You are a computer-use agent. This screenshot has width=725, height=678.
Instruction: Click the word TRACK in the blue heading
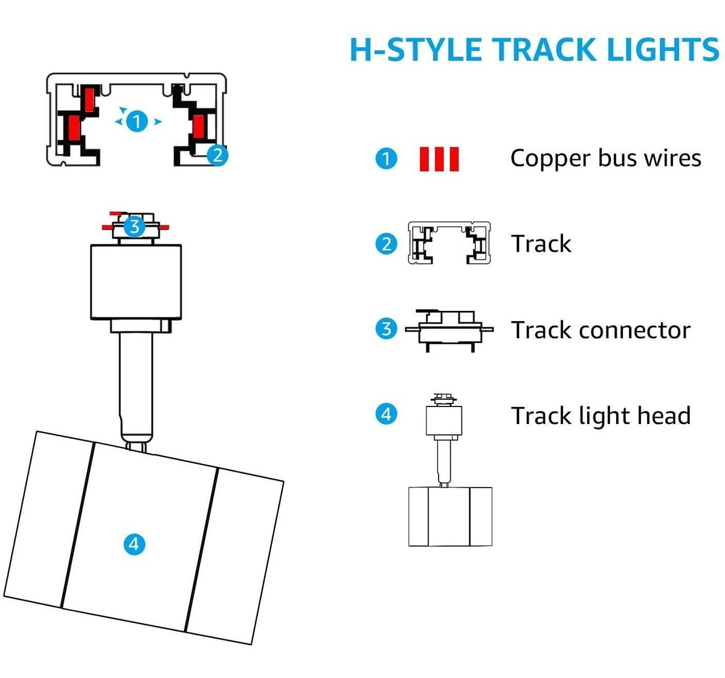point(546,50)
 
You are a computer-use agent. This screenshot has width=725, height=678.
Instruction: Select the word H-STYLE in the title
point(416,50)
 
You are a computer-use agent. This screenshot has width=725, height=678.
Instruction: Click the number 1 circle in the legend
point(386,158)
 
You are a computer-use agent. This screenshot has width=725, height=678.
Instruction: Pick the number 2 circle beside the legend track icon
point(386,244)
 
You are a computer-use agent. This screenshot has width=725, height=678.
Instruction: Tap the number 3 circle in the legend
point(386,328)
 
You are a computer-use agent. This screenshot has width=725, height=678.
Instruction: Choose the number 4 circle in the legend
point(386,414)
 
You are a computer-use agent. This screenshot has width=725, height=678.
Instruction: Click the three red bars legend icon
point(439,159)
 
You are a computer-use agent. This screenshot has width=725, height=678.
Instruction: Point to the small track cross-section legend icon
point(449,243)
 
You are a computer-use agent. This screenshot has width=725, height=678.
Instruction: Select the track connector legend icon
point(449,330)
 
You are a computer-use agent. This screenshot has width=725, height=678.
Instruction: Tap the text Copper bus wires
point(605,159)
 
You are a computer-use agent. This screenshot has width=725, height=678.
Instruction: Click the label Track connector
point(601,330)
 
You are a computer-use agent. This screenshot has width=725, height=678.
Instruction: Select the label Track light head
point(601,416)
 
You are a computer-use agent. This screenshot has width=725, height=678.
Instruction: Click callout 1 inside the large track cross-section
point(137,122)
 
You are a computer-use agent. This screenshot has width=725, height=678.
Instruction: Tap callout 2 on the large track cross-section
point(217,155)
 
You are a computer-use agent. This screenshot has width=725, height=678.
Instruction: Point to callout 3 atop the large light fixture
point(135,227)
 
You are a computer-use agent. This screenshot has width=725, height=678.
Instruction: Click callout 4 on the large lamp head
point(134,544)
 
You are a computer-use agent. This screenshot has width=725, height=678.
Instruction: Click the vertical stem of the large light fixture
point(136,388)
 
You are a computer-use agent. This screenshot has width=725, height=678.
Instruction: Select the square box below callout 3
point(136,282)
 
